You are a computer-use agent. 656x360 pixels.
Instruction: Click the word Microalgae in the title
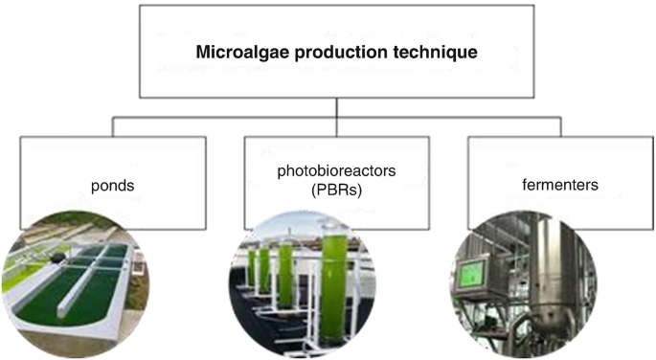tap(237, 51)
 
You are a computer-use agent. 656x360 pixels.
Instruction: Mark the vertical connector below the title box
tap(337, 107)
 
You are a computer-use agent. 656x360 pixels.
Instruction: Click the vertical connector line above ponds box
tap(114, 126)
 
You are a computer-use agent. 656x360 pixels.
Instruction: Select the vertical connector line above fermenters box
tap(561, 126)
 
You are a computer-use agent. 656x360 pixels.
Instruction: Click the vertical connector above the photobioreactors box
tap(337, 127)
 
